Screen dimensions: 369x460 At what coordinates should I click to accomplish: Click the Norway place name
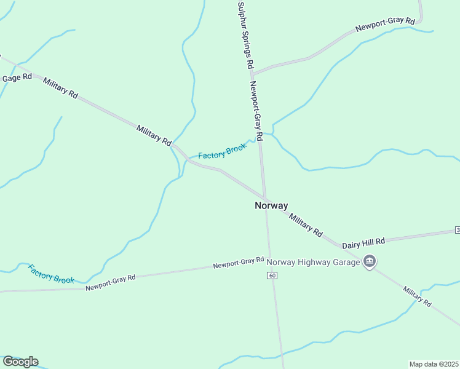(x=271, y=206)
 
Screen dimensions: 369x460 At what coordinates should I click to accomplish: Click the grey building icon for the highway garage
(x=369, y=262)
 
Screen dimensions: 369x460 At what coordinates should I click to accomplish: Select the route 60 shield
(x=272, y=275)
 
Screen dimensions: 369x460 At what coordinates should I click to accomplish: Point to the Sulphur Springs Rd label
(x=245, y=34)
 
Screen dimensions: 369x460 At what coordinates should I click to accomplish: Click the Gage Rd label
(x=17, y=78)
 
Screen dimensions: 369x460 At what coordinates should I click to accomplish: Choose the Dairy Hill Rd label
(x=363, y=241)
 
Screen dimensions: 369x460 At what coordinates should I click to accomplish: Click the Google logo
(x=20, y=362)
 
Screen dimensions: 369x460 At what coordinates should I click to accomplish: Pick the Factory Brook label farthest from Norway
(x=51, y=274)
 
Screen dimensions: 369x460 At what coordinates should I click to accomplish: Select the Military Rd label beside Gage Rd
(x=61, y=88)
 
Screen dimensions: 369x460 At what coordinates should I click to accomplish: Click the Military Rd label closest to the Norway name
(x=306, y=225)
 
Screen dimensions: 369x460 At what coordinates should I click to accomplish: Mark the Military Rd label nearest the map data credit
(x=418, y=296)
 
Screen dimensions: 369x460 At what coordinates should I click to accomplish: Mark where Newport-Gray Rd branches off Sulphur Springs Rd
(x=252, y=74)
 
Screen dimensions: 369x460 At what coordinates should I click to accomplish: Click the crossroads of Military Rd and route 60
(x=265, y=198)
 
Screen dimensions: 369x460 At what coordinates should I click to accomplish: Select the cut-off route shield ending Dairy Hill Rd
(x=457, y=230)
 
